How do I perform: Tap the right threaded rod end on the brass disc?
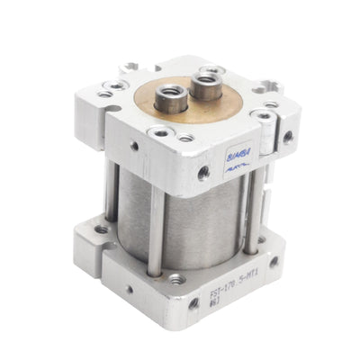tap(204, 88)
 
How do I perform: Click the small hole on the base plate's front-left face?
tap(126, 267)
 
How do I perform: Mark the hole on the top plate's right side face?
tap(287, 138)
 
